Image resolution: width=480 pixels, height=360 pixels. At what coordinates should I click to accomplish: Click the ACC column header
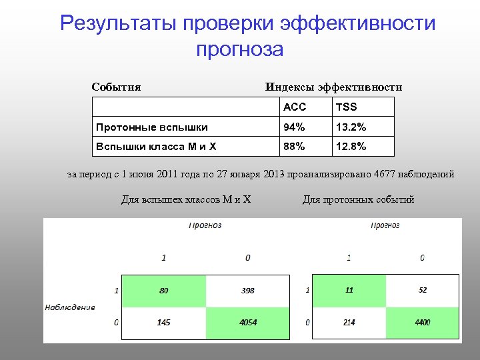click(294, 107)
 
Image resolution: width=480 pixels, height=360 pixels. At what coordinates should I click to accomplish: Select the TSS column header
click(347, 107)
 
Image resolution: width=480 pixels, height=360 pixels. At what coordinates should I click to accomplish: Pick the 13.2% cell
click(351, 127)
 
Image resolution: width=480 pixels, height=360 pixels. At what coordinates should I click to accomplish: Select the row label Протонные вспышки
click(152, 127)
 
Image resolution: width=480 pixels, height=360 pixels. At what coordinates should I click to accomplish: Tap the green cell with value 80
click(163, 291)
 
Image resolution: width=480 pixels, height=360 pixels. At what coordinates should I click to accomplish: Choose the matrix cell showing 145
click(163, 322)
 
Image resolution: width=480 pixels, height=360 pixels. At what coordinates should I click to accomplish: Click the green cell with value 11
click(349, 291)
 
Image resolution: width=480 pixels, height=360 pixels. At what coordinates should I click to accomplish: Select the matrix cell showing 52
click(422, 291)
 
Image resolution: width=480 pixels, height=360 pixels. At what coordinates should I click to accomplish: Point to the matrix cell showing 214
click(349, 322)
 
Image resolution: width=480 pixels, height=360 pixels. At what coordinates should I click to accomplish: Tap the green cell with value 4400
click(422, 322)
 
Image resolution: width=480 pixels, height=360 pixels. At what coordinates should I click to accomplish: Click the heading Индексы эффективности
click(333, 87)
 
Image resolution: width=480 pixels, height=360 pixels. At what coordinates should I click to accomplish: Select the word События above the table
click(116, 87)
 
